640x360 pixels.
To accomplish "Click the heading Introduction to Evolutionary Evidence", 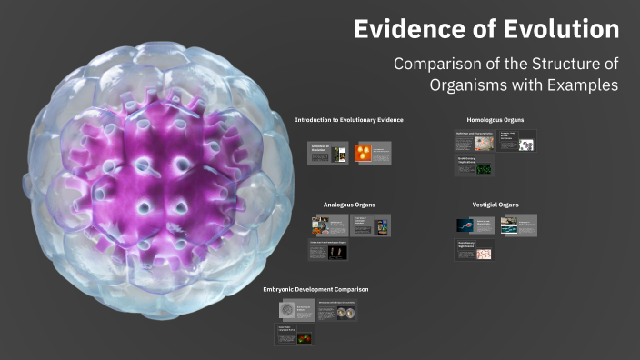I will pos(349,120).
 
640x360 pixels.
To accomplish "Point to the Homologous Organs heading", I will pos(495,120).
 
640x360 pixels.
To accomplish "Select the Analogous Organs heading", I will pos(349,205).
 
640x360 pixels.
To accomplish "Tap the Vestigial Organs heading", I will pos(495,205).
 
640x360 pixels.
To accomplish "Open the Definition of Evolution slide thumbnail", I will pos(326,154).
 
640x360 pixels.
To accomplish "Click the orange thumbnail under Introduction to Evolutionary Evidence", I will pos(372,154).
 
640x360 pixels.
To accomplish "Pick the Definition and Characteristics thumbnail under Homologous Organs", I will pos(475,141).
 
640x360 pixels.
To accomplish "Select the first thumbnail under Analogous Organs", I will pos(328,225).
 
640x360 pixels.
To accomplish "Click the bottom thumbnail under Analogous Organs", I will pos(328,250).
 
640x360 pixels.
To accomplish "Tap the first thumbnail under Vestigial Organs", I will pos(475,225).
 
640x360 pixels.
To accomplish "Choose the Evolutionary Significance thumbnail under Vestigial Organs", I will pos(475,250).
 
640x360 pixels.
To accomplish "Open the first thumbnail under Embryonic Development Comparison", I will pos(295,310).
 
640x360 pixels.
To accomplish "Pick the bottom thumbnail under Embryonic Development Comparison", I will pos(295,335).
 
